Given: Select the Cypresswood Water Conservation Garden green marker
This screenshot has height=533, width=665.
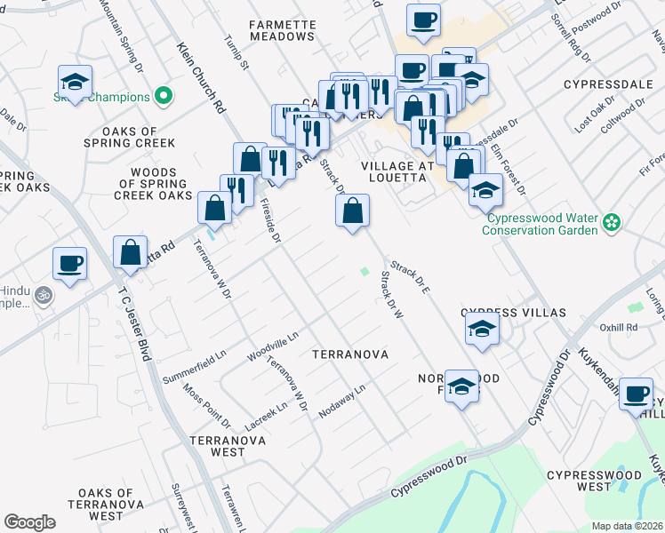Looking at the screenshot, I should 611,221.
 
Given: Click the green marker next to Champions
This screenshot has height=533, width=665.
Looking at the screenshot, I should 163,94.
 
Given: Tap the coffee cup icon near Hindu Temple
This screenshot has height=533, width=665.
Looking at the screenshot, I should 69,264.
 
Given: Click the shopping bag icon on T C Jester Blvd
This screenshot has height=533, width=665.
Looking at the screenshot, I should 131,252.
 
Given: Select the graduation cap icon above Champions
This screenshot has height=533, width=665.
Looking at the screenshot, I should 76,82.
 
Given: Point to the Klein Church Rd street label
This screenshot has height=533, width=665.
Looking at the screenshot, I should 200,79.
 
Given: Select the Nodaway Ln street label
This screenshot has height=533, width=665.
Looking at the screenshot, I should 342,397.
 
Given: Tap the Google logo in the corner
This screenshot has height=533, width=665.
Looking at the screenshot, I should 29,522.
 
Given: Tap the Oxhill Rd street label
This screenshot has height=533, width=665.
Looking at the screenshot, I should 620,327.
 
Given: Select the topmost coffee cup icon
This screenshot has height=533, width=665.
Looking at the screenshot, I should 424,20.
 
